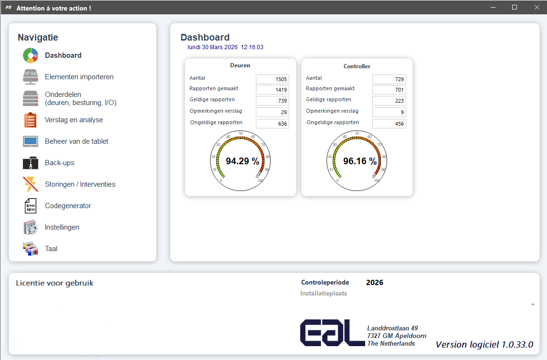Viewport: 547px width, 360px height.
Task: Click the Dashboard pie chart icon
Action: (x=31, y=55)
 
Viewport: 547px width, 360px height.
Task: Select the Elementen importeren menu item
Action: (x=79, y=77)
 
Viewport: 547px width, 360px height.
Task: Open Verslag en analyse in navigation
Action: (x=74, y=120)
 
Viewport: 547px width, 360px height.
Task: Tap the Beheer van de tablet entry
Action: (x=76, y=141)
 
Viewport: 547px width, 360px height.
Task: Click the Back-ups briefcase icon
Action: (x=31, y=163)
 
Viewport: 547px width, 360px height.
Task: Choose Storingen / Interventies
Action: (x=80, y=184)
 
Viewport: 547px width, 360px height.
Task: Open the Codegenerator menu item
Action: (x=68, y=206)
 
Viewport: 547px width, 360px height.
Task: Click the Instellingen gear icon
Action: (x=31, y=227)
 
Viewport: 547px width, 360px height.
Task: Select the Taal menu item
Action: (x=51, y=249)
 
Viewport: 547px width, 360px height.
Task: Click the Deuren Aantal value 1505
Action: (x=273, y=79)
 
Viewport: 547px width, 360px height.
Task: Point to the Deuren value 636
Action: (x=273, y=124)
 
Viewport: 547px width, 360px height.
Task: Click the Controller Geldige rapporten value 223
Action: (x=389, y=101)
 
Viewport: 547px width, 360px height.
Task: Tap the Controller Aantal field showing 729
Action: (x=389, y=79)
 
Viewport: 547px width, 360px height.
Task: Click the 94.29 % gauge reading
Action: (x=242, y=161)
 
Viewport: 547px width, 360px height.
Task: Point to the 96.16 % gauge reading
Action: (x=360, y=161)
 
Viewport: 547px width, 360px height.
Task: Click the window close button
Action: (x=536, y=7)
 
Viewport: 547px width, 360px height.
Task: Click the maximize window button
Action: (x=515, y=7)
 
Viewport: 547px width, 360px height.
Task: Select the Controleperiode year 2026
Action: (x=375, y=283)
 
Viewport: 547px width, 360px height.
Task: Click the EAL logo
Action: (x=332, y=333)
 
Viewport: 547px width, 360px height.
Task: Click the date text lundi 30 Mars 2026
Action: (x=212, y=47)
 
